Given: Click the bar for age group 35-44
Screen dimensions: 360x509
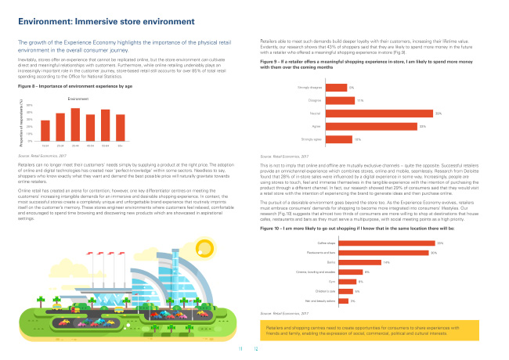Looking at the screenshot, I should click(x=75, y=124).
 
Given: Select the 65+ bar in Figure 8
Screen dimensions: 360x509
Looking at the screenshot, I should click(x=121, y=128).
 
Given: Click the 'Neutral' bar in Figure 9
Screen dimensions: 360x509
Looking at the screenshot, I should click(x=379, y=113).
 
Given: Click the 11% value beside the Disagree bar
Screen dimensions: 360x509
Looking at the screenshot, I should click(x=359, y=100).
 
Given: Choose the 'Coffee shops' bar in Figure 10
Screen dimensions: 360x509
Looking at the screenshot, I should click(x=380, y=222).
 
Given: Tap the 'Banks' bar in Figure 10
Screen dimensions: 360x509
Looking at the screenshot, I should click(x=353, y=240).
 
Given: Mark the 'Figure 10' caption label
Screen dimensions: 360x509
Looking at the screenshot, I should click(x=271, y=207).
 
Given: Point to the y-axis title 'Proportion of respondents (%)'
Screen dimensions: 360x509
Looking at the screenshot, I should click(x=21, y=124).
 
